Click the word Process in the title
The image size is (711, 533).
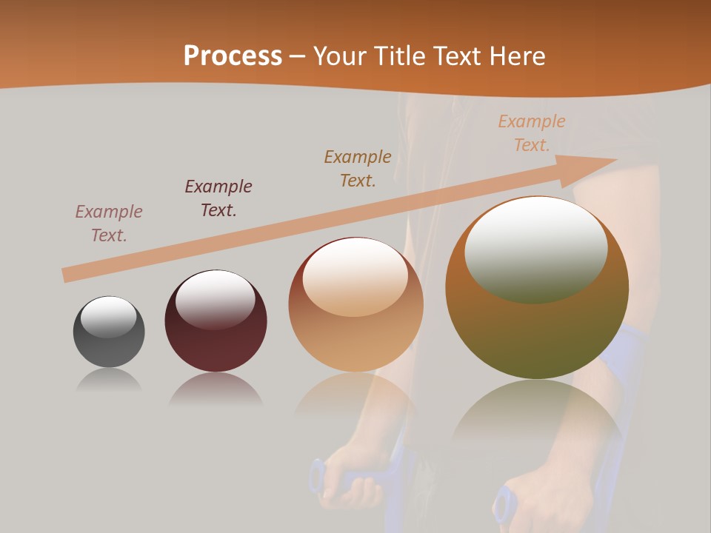[233, 56]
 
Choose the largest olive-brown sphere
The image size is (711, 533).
[537, 326]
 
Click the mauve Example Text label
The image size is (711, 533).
[109, 223]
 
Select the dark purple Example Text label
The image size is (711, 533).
[218, 198]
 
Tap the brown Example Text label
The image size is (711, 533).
[358, 168]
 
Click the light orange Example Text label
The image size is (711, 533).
[532, 133]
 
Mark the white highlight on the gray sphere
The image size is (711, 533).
[109, 317]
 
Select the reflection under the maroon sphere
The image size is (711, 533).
[216, 389]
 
